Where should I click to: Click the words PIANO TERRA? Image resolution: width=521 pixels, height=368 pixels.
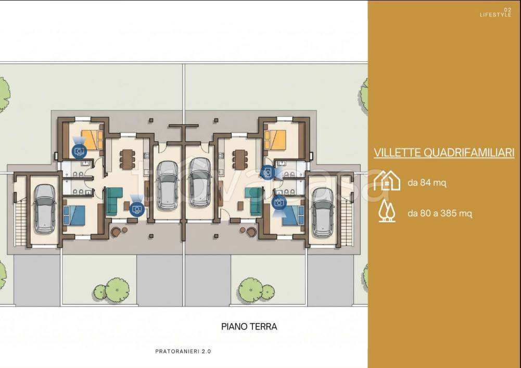[x=249, y=326]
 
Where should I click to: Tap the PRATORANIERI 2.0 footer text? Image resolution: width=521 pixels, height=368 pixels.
[x=183, y=351]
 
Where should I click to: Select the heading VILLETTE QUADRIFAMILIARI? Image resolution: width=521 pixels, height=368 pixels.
[x=444, y=153]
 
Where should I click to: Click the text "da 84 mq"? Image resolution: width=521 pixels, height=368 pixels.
[x=427, y=183]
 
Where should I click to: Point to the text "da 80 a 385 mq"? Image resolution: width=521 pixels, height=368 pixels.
[x=440, y=213]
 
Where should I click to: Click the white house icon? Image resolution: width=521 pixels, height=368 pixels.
[x=387, y=180]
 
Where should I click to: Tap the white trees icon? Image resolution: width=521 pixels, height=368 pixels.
[x=387, y=211]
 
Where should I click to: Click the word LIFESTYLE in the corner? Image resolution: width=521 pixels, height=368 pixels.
[x=495, y=15]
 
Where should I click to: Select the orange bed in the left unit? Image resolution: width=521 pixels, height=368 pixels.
[x=93, y=139]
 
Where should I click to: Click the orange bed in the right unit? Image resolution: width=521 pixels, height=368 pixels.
[x=275, y=139]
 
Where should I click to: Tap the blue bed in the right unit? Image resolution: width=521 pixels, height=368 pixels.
[x=294, y=215]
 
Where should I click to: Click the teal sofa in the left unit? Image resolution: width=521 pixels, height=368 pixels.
[x=113, y=201]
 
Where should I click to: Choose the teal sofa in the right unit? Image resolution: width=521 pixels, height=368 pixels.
[x=254, y=201]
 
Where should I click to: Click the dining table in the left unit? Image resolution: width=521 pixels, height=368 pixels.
[x=128, y=159]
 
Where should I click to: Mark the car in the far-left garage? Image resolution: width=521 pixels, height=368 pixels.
[x=45, y=208]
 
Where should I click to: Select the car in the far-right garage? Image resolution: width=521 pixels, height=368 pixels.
[x=322, y=213]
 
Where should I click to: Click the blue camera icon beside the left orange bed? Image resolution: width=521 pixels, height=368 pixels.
[x=79, y=151]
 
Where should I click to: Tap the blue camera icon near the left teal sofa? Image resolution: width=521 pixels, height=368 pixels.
[x=137, y=209]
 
